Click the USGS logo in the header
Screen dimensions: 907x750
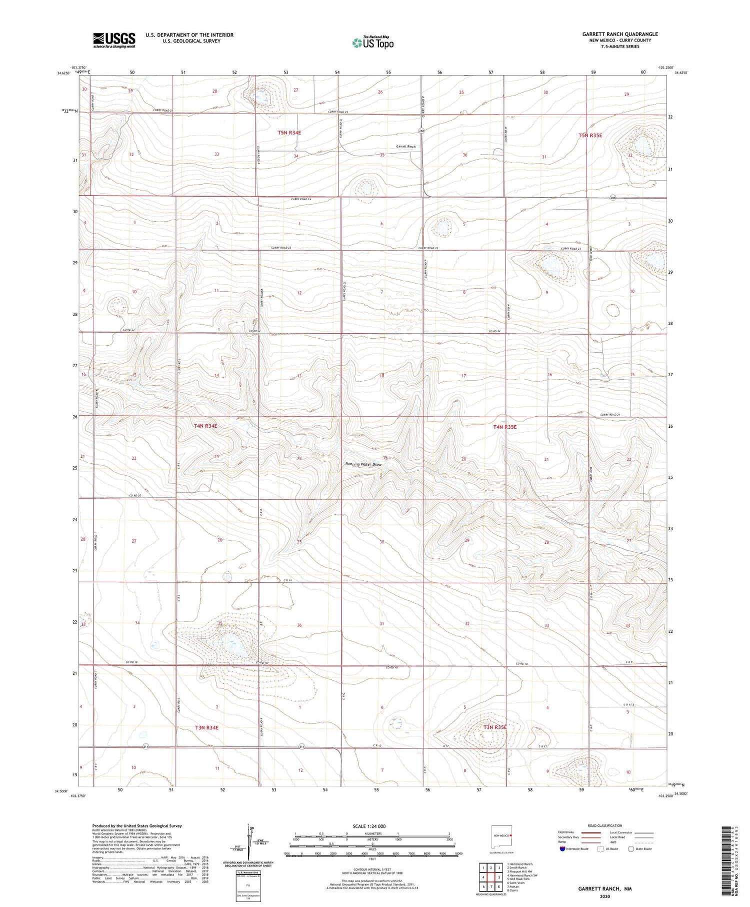point(114,40)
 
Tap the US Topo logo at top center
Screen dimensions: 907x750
point(373,43)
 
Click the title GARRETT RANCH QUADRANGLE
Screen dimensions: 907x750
point(619,34)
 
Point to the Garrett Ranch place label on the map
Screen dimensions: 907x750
point(405,147)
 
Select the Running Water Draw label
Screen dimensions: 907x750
point(363,464)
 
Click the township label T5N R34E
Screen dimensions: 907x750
point(293,133)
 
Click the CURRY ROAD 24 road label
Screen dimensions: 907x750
point(301,200)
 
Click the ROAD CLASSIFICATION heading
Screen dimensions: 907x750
point(605,825)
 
